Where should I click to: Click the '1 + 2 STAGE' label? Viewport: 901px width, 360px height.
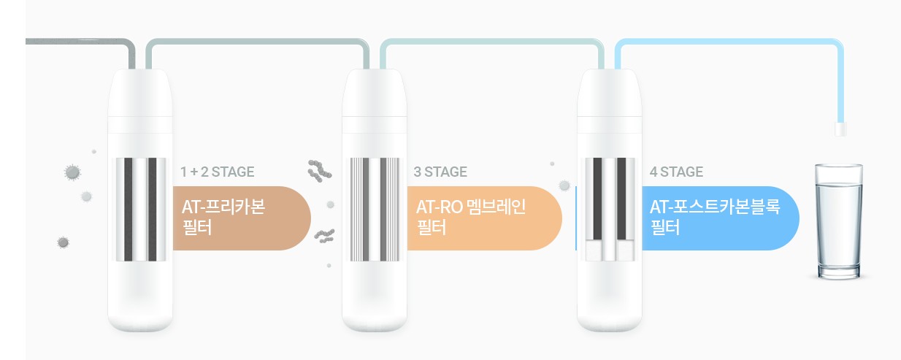coord(218,172)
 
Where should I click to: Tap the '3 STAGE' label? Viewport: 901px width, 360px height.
coord(440,172)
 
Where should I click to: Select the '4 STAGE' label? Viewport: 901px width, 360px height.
coord(676,172)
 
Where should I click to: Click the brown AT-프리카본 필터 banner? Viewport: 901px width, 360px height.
coord(241,218)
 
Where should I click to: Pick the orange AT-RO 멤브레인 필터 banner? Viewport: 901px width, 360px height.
coord(482,218)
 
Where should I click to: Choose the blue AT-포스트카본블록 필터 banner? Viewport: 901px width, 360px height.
coord(719,218)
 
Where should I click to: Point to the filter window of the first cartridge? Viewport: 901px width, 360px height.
coord(141,209)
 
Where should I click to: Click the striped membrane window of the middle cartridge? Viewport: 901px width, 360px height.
coord(375,209)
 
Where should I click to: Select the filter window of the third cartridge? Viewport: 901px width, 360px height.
coord(610,209)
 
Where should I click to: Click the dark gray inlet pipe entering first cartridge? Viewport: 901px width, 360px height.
coord(80,41)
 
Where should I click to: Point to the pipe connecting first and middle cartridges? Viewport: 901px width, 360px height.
coord(256,42)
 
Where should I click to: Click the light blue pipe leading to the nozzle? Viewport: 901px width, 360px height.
coord(730,42)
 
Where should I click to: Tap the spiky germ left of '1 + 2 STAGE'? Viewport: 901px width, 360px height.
coord(72,172)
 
